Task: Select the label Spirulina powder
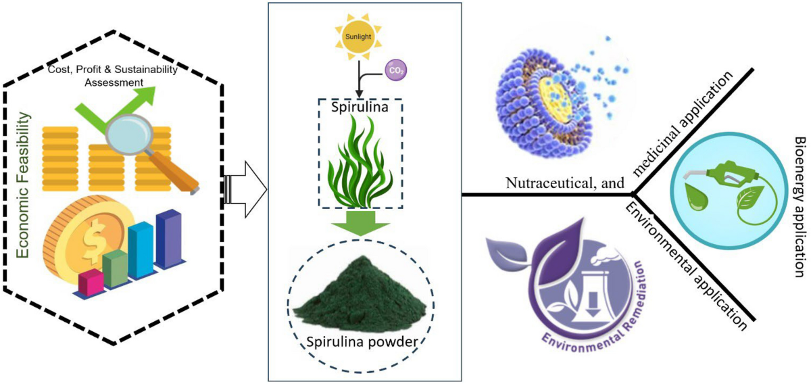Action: [x=358, y=342]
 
